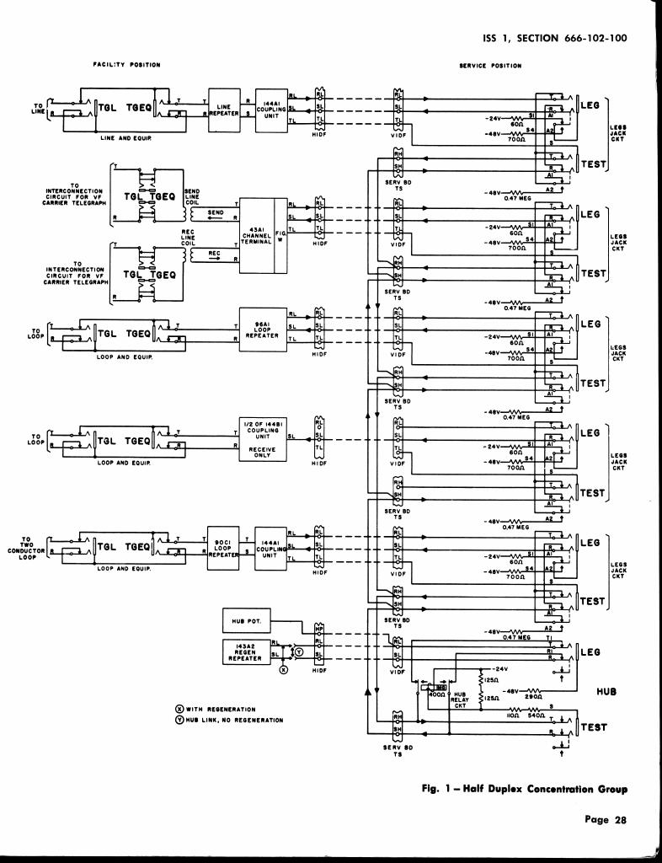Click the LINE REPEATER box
(223, 109)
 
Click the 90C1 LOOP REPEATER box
(222, 549)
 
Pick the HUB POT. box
(246, 623)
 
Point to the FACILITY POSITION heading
(126, 64)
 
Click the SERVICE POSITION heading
(491, 65)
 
